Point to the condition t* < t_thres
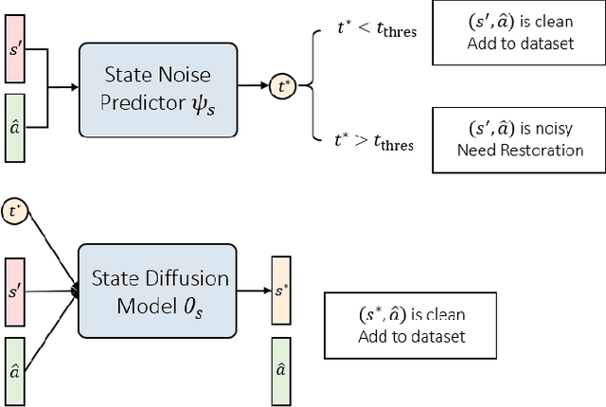[x=375, y=30]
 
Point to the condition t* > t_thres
[x=375, y=143]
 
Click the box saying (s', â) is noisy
[x=519, y=140]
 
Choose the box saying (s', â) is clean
[x=519, y=33]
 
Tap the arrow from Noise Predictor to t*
[x=253, y=86]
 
